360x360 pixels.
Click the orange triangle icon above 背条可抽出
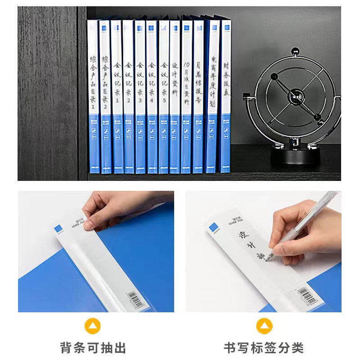(93, 326)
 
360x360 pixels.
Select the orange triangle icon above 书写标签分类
(264, 326)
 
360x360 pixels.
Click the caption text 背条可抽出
(93, 347)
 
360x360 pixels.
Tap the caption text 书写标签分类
(264, 347)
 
